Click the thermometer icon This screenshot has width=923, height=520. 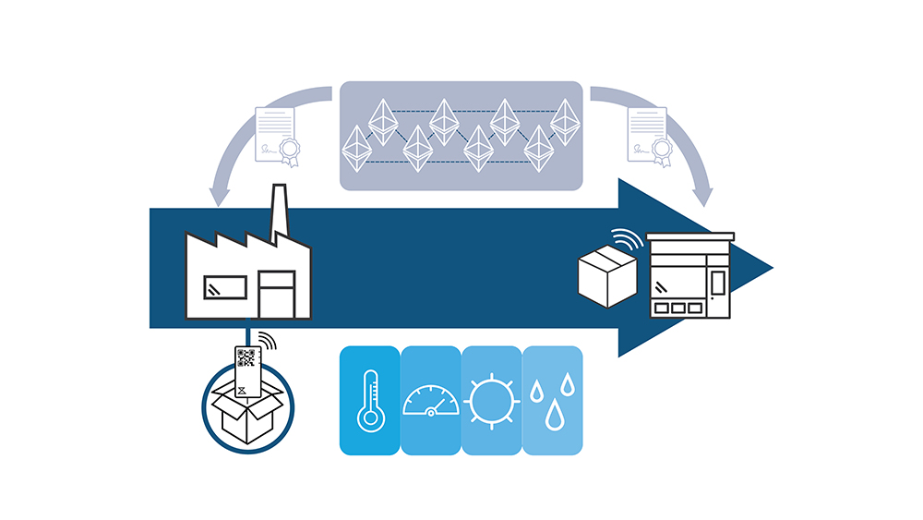click(x=371, y=400)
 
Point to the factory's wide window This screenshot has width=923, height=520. click(x=223, y=286)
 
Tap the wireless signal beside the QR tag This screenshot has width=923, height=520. click(x=266, y=344)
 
